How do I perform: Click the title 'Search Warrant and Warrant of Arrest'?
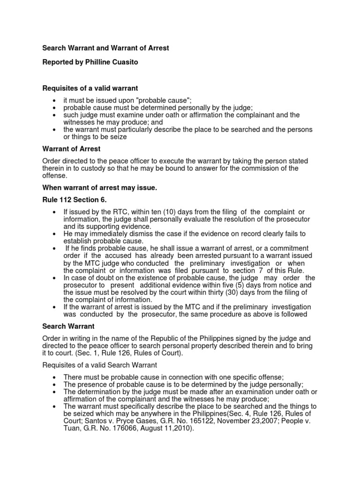pyautogui.click(x=105, y=48)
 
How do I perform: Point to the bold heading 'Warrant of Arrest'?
pyautogui.click(x=71, y=149)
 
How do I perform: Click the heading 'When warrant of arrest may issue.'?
pyautogui.click(x=100, y=188)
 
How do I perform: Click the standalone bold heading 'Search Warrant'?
pyautogui.click(x=68, y=326)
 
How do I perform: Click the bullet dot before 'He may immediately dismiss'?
pyautogui.click(x=55, y=233)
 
